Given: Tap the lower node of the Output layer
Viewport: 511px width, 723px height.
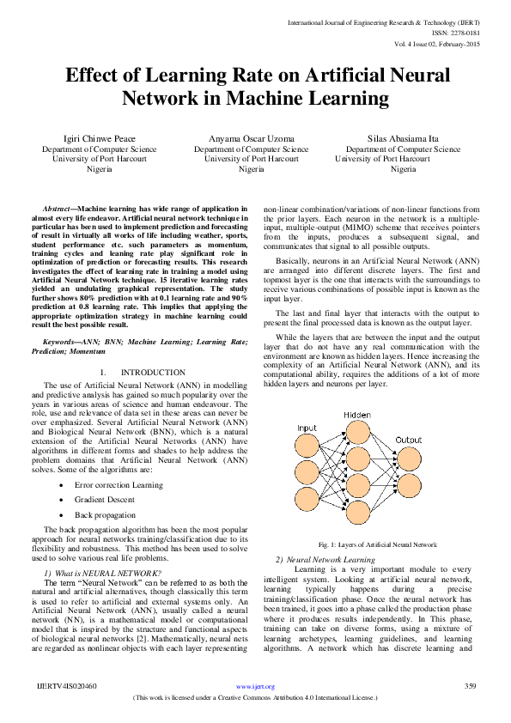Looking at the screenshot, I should (x=408, y=486).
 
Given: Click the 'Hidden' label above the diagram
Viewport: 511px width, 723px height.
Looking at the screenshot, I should (x=357, y=415).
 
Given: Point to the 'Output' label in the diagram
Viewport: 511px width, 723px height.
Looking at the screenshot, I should (x=408, y=440).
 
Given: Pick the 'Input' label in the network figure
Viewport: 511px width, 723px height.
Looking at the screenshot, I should (x=307, y=428).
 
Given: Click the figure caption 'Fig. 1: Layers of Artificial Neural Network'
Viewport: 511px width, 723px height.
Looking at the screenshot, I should (x=377, y=545).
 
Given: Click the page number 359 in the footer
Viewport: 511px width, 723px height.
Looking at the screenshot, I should (x=470, y=686).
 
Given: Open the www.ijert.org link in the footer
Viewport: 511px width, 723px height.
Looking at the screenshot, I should (x=255, y=687).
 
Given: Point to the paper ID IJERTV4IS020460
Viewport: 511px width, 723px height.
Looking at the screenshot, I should (x=67, y=686).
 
